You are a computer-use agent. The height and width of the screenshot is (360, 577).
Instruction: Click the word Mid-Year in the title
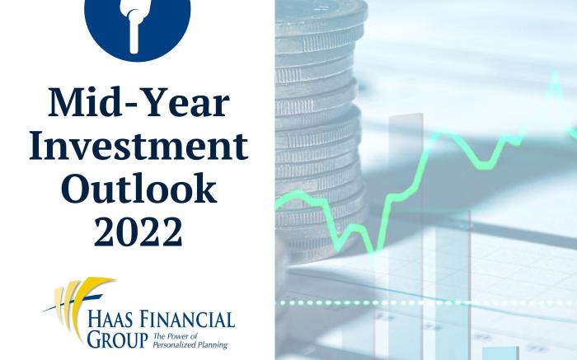click(x=138, y=102)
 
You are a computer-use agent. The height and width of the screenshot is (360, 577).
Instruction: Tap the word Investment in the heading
click(x=138, y=145)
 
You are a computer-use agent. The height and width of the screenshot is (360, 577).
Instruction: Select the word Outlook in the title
click(x=138, y=188)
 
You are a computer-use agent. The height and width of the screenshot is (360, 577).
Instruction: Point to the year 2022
click(x=138, y=231)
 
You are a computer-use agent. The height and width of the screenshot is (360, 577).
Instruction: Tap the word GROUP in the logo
click(x=117, y=339)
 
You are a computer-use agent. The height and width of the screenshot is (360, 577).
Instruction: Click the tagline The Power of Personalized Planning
click(x=190, y=340)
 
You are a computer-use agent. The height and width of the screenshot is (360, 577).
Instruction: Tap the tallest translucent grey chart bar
click(x=406, y=236)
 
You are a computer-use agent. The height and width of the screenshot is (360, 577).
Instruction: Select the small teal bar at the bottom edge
click(x=500, y=353)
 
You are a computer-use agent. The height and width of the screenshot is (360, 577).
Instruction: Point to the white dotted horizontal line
click(x=426, y=303)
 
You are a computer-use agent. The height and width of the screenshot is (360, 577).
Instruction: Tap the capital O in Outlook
click(x=76, y=189)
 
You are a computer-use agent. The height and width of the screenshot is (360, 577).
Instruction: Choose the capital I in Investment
click(x=39, y=146)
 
